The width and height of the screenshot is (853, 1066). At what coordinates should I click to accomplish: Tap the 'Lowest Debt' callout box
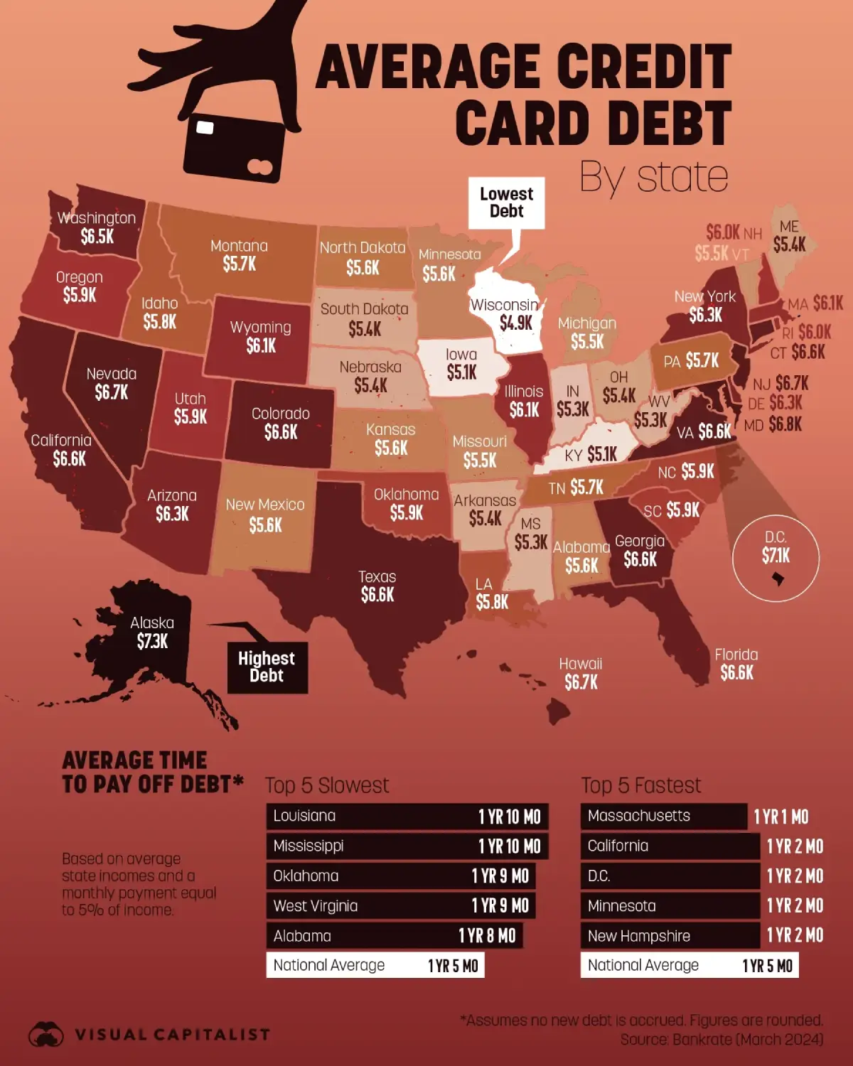point(506,203)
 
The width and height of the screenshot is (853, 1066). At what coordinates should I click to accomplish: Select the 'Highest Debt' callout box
point(267,667)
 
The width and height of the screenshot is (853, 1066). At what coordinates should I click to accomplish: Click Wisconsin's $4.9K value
point(515,323)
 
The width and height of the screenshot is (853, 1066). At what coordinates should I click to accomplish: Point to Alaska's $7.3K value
point(152,642)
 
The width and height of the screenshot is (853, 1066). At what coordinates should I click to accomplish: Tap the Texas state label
point(377,577)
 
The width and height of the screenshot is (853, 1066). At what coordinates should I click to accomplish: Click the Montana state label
point(239,247)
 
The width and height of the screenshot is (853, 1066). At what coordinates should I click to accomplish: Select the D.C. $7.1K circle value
point(776,556)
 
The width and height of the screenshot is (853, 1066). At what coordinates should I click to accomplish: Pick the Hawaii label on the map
point(580,664)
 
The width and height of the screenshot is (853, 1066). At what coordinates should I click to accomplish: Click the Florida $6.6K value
point(736,673)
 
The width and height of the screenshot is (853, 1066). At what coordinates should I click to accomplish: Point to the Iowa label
point(461,354)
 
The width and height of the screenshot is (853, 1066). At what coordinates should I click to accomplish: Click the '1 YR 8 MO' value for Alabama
point(487,936)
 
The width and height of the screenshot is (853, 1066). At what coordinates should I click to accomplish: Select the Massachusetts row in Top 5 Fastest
point(663,817)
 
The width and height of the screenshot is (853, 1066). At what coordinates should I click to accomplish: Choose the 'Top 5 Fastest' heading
point(640,785)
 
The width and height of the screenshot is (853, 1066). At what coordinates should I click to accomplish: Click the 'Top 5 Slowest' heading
point(327,785)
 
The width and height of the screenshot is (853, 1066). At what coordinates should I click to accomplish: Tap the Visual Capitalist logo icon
point(46,1034)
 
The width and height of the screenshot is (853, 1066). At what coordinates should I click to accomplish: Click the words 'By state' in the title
point(653,177)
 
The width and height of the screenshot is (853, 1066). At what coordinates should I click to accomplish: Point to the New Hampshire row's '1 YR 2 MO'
point(795,936)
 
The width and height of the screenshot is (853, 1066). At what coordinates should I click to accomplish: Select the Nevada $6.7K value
point(112,392)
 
